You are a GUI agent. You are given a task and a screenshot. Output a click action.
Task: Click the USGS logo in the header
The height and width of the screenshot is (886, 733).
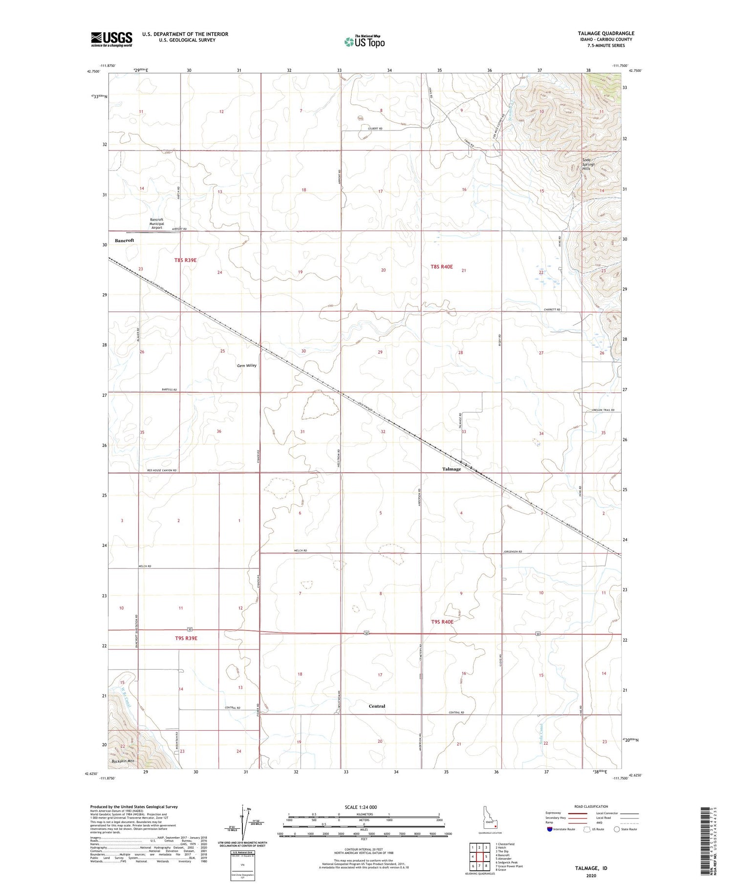click(x=111, y=39)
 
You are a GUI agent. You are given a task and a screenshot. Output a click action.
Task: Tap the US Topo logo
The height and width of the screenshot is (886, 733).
click(x=364, y=42)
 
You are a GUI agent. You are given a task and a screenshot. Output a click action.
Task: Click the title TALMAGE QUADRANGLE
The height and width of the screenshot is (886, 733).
click(x=605, y=33)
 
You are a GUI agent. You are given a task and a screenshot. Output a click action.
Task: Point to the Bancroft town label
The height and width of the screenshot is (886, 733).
click(x=124, y=240)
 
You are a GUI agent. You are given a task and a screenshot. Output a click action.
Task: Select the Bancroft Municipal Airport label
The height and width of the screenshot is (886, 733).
click(x=156, y=223)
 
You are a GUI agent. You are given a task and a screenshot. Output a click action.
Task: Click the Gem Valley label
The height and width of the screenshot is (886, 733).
click(x=247, y=365)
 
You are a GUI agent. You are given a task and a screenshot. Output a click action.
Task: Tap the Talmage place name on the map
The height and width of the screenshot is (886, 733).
click(x=452, y=469)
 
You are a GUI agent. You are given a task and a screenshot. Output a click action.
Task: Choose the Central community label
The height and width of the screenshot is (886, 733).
click(x=377, y=706)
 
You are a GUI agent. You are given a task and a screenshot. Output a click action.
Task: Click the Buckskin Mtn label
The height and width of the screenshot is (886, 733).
click(x=122, y=761)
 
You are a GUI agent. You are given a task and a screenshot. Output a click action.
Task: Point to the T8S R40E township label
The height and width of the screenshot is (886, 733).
click(x=442, y=267)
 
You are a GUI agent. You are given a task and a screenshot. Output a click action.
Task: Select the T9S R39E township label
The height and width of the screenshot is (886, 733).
click(x=186, y=638)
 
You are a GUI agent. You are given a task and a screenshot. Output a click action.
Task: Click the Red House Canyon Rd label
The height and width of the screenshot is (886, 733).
click(x=162, y=470)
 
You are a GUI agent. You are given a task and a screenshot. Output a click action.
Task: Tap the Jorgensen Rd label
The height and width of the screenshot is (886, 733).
click(x=513, y=552)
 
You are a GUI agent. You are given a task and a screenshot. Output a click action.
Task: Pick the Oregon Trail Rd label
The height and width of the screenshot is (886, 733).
click(x=603, y=410)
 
